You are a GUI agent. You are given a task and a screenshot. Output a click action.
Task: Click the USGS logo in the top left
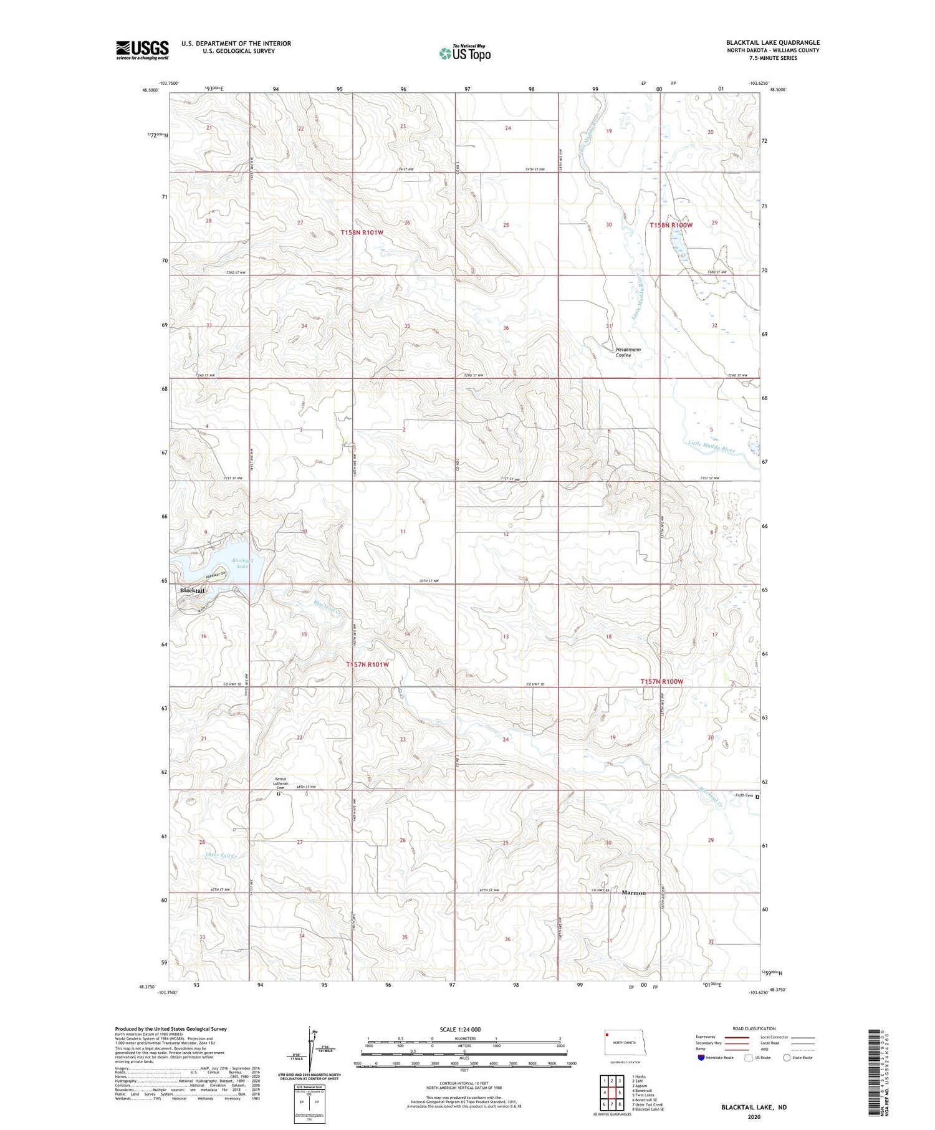[142, 50]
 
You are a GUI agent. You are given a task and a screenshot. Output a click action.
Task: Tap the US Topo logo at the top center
[464, 53]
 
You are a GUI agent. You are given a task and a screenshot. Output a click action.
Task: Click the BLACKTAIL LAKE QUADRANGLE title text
[772, 42]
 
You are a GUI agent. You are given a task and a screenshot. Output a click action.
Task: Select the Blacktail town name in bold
[192, 590]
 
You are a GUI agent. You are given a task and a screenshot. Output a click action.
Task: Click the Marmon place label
[633, 893]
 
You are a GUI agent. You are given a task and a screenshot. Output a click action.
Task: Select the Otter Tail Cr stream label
[221, 856]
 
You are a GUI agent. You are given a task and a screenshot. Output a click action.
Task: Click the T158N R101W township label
[362, 232]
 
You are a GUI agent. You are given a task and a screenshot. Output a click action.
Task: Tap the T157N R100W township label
[661, 681]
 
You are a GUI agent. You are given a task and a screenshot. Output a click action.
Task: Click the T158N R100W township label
[671, 225]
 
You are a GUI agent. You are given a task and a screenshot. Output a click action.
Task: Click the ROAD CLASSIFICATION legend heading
[754, 1028]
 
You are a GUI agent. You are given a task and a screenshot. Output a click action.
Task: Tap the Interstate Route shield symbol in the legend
[701, 1058]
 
